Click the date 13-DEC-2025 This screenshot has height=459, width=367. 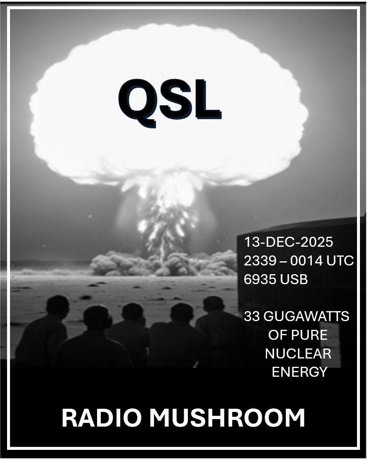288,242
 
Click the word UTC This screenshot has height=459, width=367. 340,260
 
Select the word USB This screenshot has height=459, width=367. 294,279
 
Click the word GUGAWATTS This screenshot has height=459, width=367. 306,317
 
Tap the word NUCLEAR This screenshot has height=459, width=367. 298,353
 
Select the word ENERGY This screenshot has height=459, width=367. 299,372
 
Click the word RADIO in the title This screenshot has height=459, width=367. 101,418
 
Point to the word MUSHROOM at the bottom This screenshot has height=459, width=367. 227,418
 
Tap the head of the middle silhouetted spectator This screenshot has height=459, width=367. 133,314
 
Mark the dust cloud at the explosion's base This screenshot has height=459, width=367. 164,263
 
